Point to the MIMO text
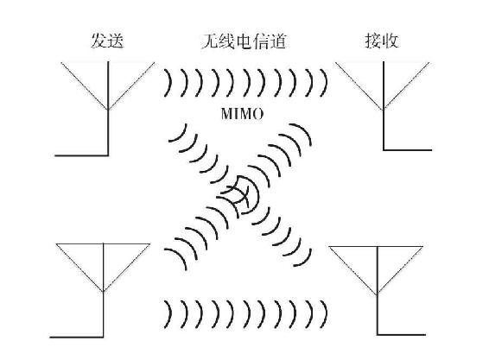[x=244, y=114]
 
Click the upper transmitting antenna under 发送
[x=106, y=95]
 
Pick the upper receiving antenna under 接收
[x=383, y=95]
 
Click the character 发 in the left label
[x=98, y=41]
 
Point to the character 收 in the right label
[x=391, y=41]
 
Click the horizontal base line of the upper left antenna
[x=81, y=155]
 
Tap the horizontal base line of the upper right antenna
[x=405, y=150]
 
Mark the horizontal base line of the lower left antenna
[x=78, y=337]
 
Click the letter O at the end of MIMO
[x=258, y=114]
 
